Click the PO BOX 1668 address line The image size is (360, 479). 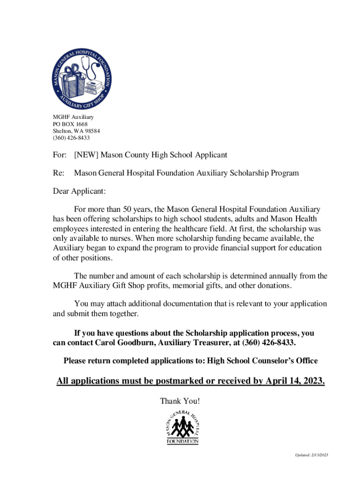70,124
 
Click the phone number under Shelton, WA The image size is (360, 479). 71,138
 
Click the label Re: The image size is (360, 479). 59,173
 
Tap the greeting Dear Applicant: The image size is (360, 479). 79,191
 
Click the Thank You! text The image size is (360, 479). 180,401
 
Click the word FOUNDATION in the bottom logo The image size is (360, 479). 183,441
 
